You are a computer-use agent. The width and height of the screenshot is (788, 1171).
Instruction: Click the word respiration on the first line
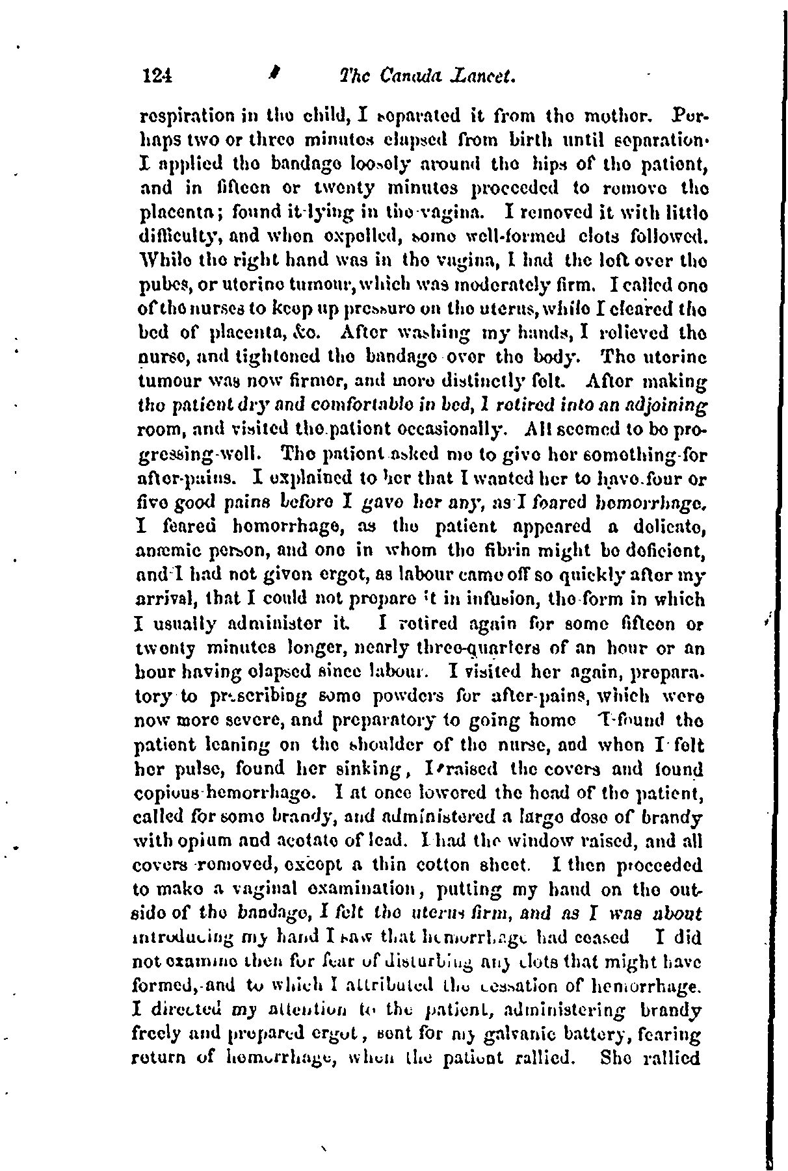[182, 120]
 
